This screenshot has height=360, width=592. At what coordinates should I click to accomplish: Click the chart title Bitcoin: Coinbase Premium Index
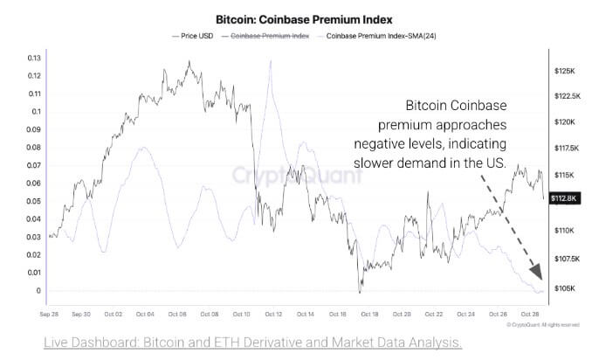[295, 17]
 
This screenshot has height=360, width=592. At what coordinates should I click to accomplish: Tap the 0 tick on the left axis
[38, 291]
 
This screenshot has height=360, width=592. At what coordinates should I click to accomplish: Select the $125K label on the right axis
[563, 69]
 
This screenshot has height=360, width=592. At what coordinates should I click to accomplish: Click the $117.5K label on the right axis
[563, 149]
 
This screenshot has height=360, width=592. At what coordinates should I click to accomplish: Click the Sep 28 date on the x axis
[50, 312]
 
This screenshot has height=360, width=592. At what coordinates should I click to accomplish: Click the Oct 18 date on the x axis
[368, 312]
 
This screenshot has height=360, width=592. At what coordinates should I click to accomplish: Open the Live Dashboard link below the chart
[253, 341]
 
